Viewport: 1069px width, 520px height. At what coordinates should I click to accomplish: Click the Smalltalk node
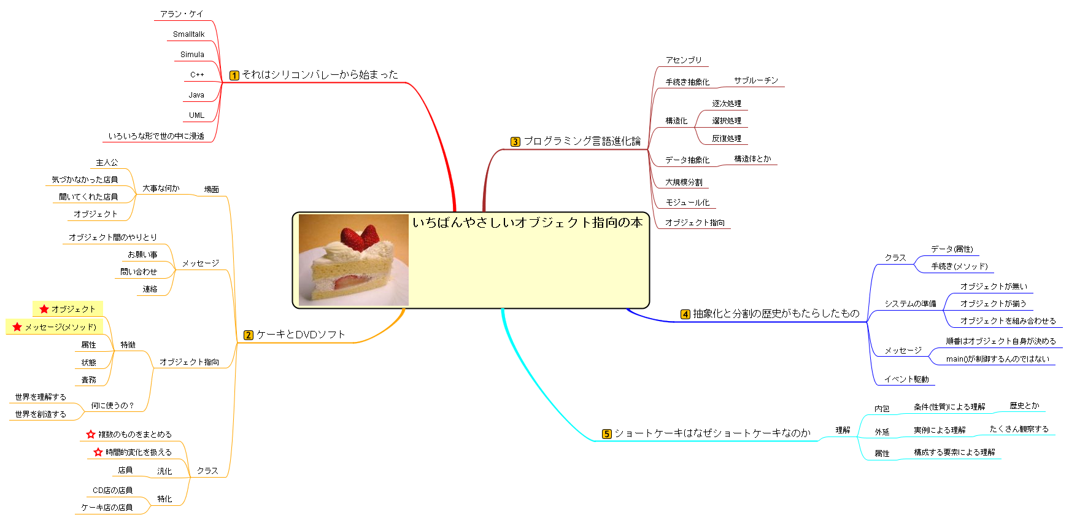coord(188,34)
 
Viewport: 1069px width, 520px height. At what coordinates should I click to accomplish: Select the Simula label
coord(192,55)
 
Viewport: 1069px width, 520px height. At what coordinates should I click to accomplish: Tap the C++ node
coord(197,75)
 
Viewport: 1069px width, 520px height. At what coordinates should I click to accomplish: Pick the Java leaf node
coord(196,95)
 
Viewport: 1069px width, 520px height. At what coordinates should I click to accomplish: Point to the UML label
coord(196,115)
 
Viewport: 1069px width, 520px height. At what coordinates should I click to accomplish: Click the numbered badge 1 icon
coord(234,76)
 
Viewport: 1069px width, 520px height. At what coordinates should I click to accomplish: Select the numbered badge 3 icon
coord(515,142)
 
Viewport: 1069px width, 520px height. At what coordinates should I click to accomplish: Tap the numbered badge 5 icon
coord(606,434)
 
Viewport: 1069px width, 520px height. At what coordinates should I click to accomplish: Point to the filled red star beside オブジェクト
coord(44,309)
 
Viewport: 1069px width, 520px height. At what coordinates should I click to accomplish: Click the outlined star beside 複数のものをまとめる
coord(91,434)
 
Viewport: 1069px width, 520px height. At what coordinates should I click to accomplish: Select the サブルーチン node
coord(756,80)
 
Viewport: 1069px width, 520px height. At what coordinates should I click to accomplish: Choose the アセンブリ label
coord(684,60)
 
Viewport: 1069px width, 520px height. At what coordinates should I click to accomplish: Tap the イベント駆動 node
coord(906,379)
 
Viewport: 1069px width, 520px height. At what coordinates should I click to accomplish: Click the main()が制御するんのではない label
coord(998,359)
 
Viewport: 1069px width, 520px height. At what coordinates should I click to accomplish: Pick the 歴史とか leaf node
coord(1024,406)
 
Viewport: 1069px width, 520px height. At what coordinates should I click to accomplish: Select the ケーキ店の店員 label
coord(107,508)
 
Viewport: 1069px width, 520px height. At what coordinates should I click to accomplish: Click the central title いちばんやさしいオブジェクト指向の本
coord(528,222)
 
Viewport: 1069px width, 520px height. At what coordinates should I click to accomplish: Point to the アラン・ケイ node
coord(182,14)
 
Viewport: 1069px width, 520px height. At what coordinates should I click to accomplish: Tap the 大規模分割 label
coord(684,182)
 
